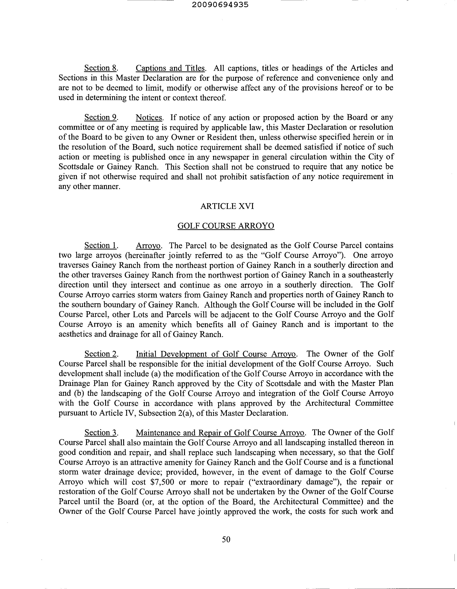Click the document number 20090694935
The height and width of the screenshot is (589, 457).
[220, 5]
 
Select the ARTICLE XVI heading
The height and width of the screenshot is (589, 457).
[227, 206]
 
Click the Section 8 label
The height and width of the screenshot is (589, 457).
[101, 68]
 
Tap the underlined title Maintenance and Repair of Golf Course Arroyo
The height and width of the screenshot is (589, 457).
[220, 433]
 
